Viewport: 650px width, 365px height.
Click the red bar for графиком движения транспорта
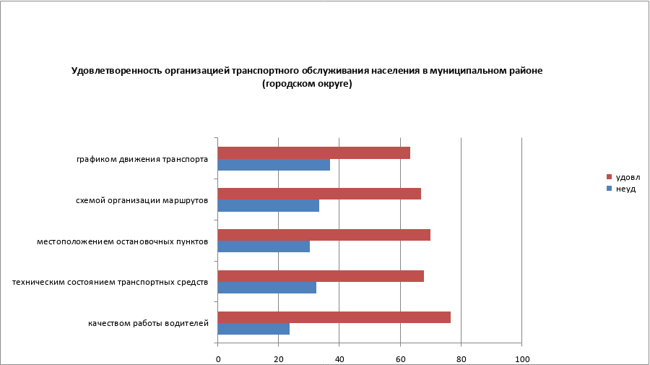313,153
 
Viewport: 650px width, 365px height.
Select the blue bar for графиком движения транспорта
274,165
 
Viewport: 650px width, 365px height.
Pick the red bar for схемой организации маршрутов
318,194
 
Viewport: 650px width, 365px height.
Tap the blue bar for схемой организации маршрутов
268,205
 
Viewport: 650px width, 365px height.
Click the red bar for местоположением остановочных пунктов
324,235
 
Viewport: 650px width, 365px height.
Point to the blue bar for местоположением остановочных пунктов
264,246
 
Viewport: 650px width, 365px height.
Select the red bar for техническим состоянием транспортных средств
320,276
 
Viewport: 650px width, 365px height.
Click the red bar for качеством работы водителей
334,317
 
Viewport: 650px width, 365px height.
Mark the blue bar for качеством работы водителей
253,329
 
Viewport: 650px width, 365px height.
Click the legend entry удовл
627,177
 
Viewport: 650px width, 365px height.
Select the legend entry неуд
625,189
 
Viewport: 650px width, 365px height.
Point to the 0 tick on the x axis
217,358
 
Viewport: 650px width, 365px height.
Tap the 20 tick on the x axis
278,358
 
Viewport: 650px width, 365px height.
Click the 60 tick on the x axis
399,358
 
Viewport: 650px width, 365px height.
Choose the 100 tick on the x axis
521,358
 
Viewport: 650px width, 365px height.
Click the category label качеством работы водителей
149,323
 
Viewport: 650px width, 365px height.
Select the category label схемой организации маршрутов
142,200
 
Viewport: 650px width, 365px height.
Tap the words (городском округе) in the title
307,84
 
